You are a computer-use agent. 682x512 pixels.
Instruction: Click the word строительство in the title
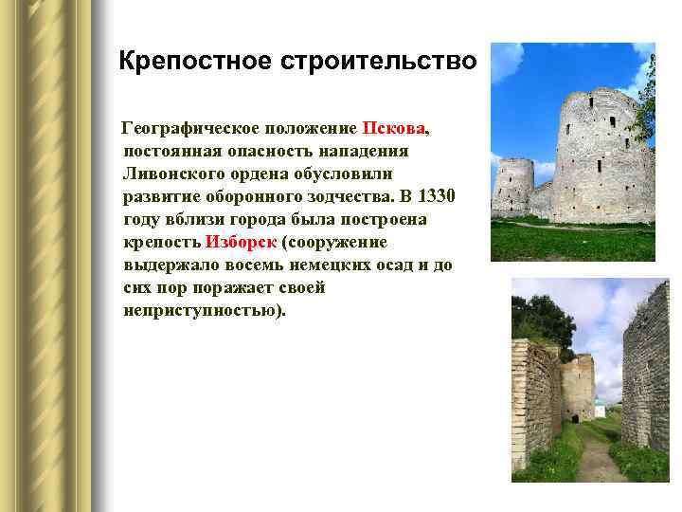tap(380, 63)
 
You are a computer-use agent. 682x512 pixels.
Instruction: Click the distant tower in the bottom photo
tap(577, 385)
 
